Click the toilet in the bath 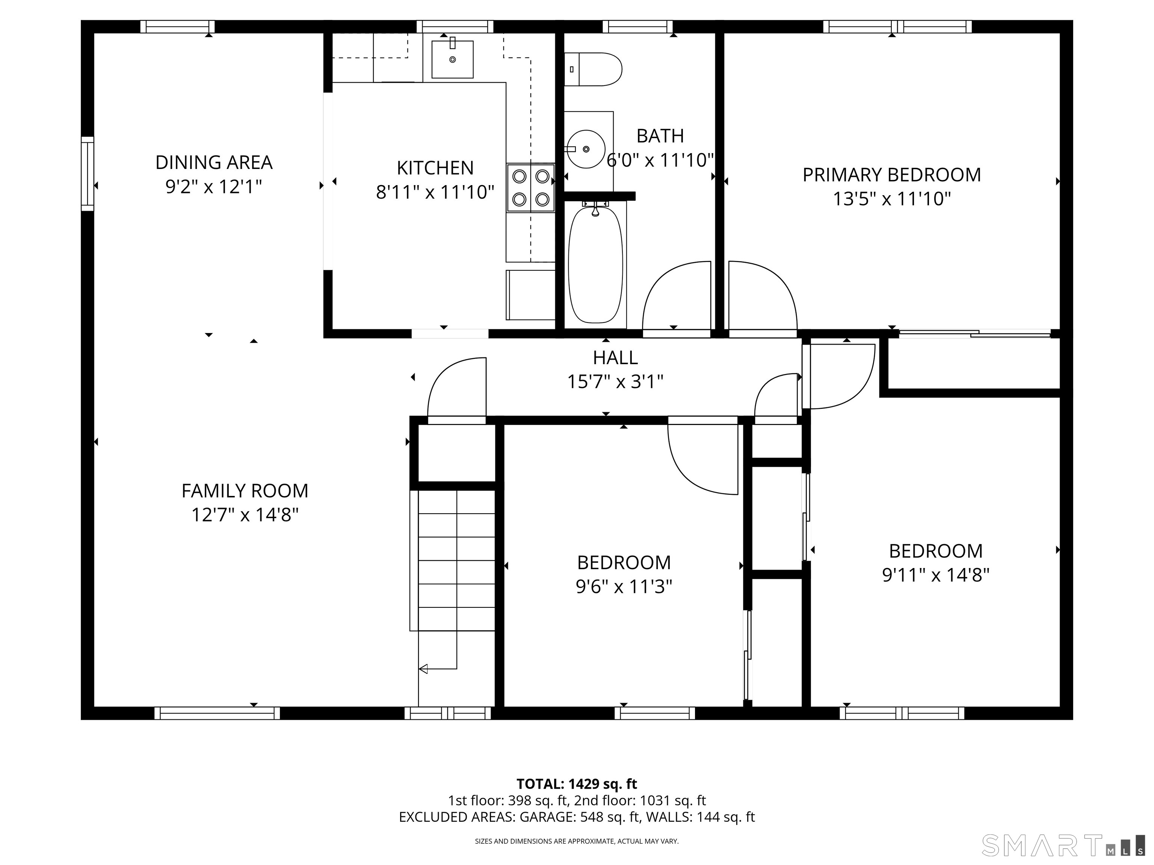(593, 69)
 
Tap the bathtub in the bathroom (595, 265)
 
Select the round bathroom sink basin (586, 149)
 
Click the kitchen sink (452, 59)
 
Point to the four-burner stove (530, 188)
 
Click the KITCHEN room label (435, 168)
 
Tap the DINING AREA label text (214, 162)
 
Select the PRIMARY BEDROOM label (891, 175)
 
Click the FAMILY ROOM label (245, 491)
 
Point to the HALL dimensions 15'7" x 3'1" (615, 382)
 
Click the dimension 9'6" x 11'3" (624, 586)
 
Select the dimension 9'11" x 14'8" (936, 574)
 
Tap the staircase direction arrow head (423, 668)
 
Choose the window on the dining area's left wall (88, 173)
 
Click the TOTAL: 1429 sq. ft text (577, 784)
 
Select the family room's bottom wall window (217, 713)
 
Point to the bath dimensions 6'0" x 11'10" (660, 160)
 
